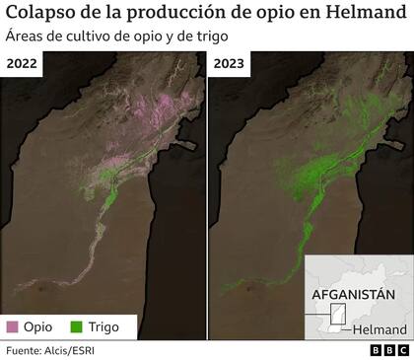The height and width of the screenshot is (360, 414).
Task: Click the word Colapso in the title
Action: click(x=42, y=15)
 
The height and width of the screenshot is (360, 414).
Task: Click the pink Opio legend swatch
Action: click(x=13, y=324)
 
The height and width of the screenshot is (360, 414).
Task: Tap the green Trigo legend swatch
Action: click(x=75, y=324)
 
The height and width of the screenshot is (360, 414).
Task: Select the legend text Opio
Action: click(x=38, y=324)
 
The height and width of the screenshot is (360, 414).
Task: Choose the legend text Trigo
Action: click(x=103, y=324)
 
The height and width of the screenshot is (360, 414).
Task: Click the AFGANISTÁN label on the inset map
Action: click(x=352, y=295)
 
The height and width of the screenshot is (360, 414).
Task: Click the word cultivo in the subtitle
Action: click(x=92, y=38)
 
